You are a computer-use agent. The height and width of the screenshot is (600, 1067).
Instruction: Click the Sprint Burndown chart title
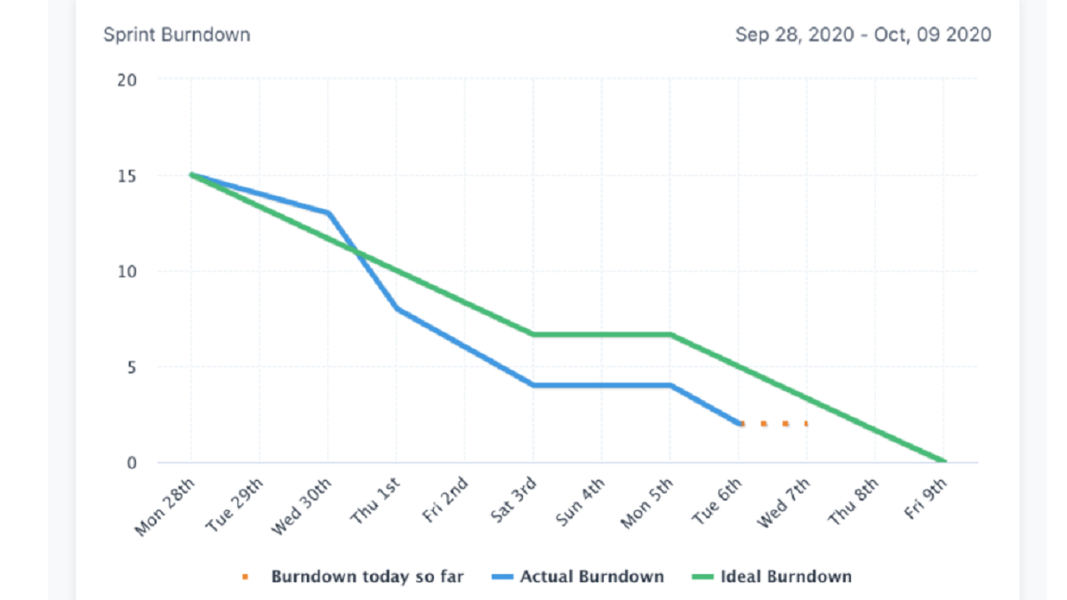(176, 35)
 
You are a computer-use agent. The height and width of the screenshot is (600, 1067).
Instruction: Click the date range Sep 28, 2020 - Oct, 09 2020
(862, 35)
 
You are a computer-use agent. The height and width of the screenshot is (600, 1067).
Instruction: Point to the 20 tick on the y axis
(127, 80)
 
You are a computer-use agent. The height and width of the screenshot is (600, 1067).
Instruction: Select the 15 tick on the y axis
(127, 176)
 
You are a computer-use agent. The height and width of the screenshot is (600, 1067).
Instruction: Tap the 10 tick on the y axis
(127, 271)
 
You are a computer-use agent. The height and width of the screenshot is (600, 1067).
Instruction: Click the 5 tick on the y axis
(131, 367)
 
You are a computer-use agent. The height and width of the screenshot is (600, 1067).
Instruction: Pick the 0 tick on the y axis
(131, 462)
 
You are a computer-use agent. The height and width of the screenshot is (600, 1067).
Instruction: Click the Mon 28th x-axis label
(166, 506)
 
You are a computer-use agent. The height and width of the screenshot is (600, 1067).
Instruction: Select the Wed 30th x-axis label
(303, 506)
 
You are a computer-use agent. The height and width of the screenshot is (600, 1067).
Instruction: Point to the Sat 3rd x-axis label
(512, 502)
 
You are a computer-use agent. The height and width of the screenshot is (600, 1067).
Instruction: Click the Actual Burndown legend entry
(591, 577)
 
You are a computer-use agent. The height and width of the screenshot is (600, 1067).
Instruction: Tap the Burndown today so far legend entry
(366, 577)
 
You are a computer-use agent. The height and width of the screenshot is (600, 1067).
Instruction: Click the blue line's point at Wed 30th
(328, 212)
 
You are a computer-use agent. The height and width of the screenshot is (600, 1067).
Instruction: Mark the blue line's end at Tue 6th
(739, 424)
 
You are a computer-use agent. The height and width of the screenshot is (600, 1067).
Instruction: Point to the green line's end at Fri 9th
(943, 461)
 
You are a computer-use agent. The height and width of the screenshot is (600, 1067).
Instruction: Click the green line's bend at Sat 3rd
(533, 334)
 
